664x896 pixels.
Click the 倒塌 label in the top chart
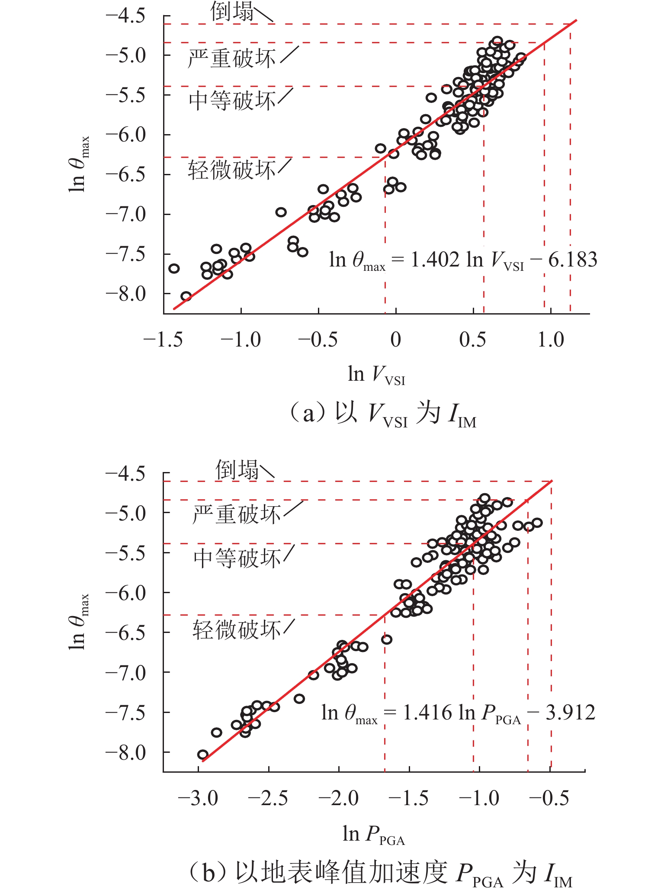[232, 12]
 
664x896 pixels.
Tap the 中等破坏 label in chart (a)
[232, 101]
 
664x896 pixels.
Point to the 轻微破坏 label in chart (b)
[236, 629]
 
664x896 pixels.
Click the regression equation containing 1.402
[463, 260]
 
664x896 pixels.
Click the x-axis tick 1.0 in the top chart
[551, 340]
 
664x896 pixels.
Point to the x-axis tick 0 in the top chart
[396, 340]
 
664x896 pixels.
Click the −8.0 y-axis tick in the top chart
[126, 294]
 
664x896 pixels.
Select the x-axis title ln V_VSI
[376, 375]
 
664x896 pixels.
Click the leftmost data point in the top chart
[174, 268]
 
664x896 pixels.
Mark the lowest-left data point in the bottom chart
[203, 755]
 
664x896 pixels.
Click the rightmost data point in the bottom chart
[537, 523]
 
